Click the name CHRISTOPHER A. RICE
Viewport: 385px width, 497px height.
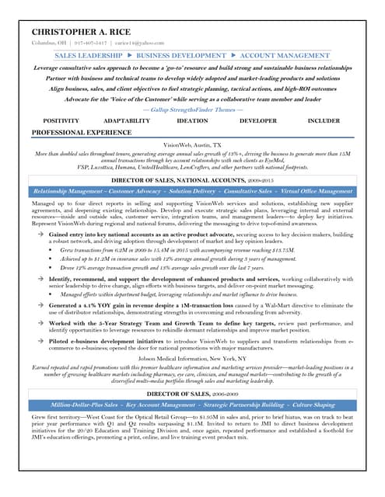81,31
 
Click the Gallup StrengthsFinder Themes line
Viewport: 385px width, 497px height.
192,109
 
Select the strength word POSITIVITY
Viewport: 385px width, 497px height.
61,121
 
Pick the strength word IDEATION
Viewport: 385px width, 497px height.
191,121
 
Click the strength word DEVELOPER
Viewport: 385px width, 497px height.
257,121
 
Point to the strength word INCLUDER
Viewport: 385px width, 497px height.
324,121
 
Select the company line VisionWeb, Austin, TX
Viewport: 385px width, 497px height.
192,145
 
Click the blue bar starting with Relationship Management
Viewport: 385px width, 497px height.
192,191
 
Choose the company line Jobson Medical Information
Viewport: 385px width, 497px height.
192,360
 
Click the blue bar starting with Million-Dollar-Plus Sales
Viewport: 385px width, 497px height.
192,405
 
